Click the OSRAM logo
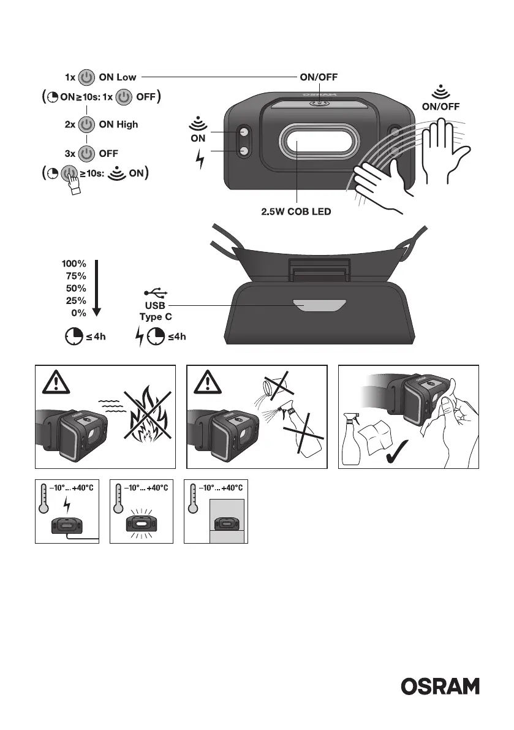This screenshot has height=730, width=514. click(x=440, y=686)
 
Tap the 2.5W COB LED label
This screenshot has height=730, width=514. click(x=297, y=213)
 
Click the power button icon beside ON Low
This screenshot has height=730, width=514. click(x=88, y=78)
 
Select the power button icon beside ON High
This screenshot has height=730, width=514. click(x=88, y=124)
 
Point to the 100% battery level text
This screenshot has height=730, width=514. click(x=74, y=264)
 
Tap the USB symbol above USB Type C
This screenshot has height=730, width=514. click(x=154, y=292)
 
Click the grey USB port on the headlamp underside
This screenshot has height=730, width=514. click(x=319, y=305)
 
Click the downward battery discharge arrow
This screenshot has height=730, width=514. click(x=96, y=288)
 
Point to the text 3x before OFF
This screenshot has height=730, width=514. click(x=70, y=153)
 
